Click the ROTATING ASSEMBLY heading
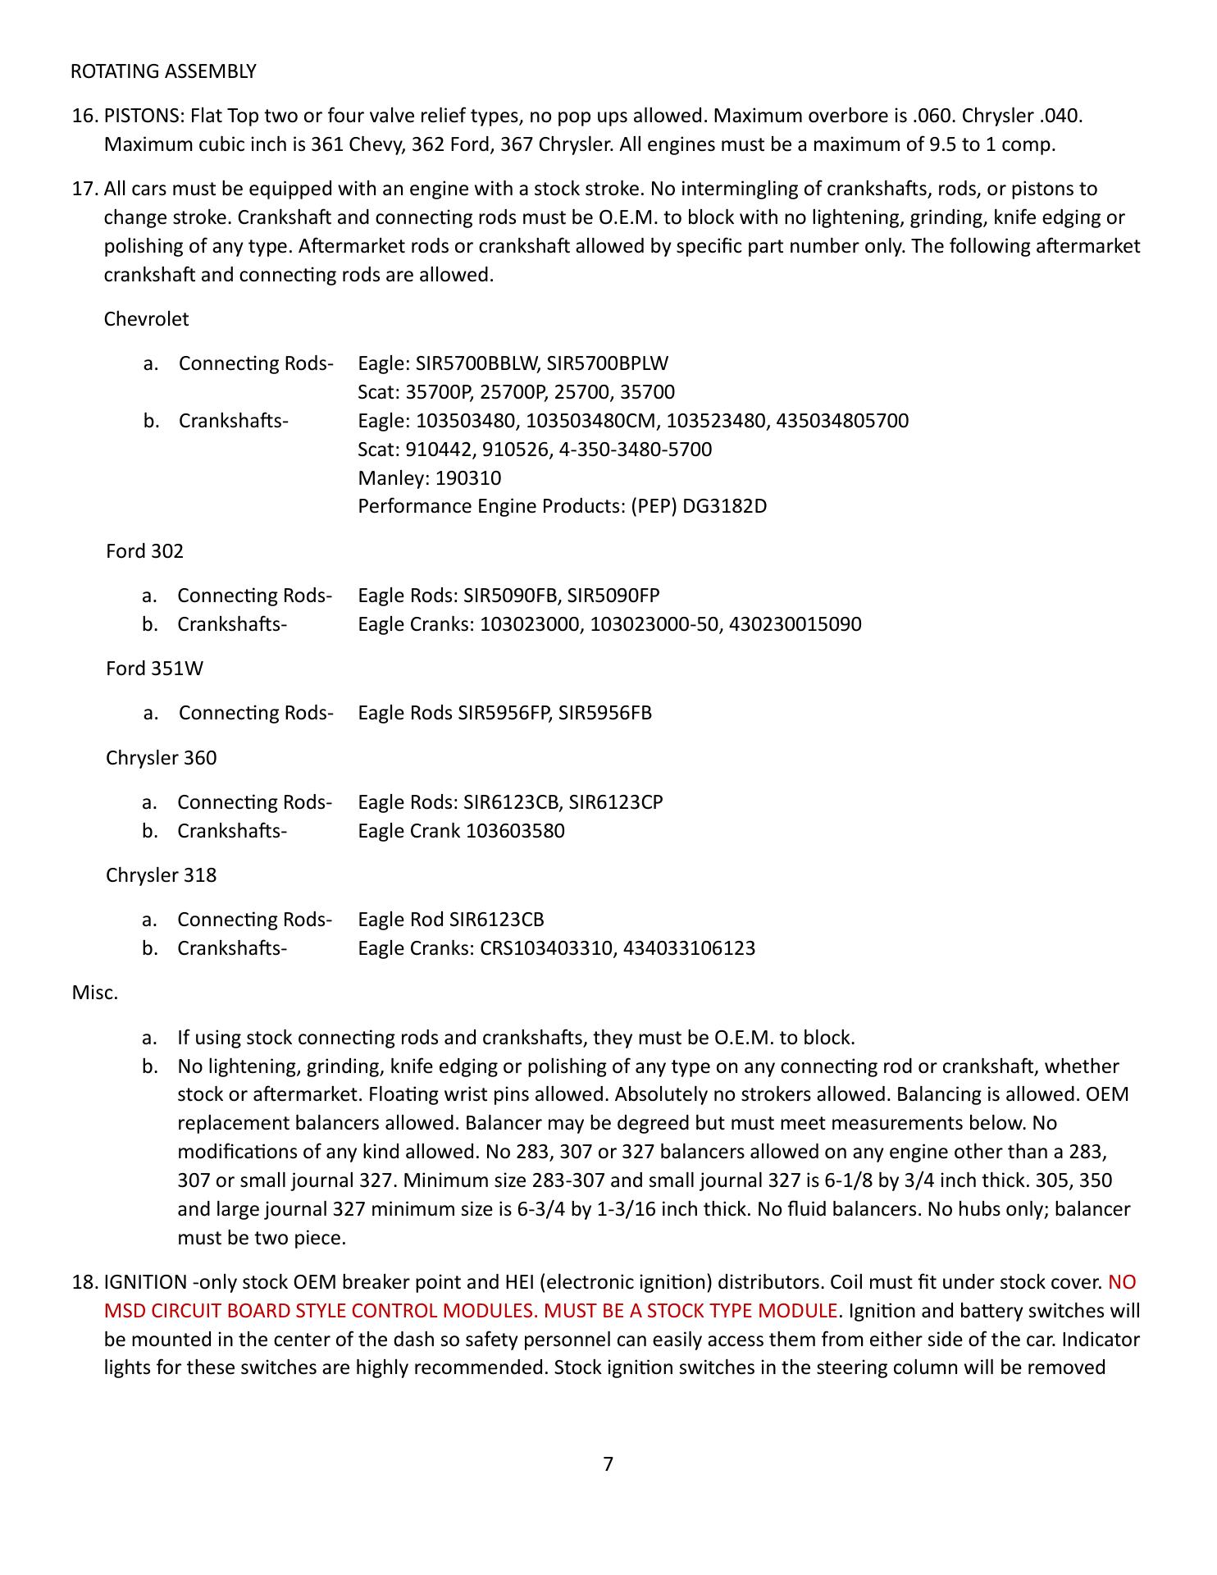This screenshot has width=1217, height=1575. [x=163, y=71]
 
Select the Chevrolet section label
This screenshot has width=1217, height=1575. [x=146, y=319]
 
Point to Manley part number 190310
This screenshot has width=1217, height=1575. [x=468, y=478]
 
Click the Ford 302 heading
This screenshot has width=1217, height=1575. [x=144, y=551]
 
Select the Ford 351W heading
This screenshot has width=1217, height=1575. [x=154, y=669]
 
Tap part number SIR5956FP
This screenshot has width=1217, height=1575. [x=504, y=713]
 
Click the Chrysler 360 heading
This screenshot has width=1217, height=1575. [x=161, y=758]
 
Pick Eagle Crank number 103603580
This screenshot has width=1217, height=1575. [x=515, y=831]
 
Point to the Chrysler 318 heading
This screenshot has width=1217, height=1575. [x=161, y=875]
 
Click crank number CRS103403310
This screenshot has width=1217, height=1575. [x=546, y=949]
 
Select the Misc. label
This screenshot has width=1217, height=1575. [x=95, y=993]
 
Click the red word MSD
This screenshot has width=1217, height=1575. [x=121, y=1311]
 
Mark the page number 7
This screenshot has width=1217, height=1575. [x=608, y=1463]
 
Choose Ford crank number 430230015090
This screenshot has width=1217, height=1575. [x=795, y=624]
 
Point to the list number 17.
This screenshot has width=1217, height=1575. [x=84, y=189]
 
